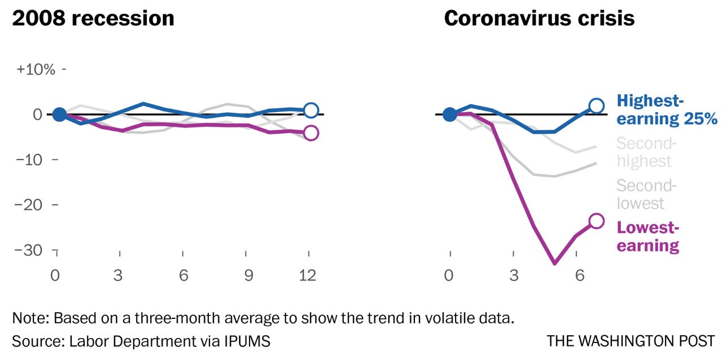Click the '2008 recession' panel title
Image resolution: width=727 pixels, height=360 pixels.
coord(93,19)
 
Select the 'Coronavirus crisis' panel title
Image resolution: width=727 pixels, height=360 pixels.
coord(539,19)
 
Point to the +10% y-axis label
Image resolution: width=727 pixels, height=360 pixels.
coord(36,69)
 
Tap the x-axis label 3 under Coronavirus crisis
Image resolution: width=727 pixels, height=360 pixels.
coord(513,276)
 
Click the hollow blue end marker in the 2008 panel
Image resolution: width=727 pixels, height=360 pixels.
coord(311,110)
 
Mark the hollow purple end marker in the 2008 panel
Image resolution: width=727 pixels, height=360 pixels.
coord(311,133)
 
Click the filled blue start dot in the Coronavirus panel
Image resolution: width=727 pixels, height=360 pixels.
coord(450,115)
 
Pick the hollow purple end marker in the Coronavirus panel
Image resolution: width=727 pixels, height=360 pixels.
coord(597,221)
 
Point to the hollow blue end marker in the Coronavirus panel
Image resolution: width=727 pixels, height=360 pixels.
coord(597,106)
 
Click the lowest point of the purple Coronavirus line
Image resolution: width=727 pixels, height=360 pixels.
coord(555,263)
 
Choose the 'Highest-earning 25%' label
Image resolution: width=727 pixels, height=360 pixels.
coord(667,110)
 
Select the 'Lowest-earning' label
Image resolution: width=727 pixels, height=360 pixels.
coord(648,236)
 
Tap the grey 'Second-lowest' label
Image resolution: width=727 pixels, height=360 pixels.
coord(646,194)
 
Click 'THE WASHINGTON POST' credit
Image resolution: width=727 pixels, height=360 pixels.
coord(630,341)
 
